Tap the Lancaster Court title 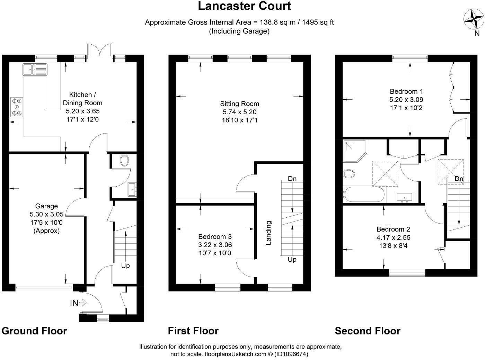(x=244, y=6)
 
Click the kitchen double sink (x=35, y=70)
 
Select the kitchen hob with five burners (x=17, y=107)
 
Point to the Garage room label (x=46, y=206)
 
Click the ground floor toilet (x=124, y=161)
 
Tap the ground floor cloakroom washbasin (x=132, y=189)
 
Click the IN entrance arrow (x=83, y=303)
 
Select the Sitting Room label (x=239, y=103)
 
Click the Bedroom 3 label (x=215, y=236)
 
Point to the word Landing (x=268, y=233)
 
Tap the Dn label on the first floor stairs (x=292, y=179)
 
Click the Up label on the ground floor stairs (x=125, y=266)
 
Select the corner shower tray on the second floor (x=355, y=151)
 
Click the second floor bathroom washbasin (x=404, y=197)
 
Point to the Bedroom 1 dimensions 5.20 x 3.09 (x=406, y=100)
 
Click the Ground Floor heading (x=34, y=331)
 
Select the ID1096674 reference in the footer (x=291, y=354)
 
